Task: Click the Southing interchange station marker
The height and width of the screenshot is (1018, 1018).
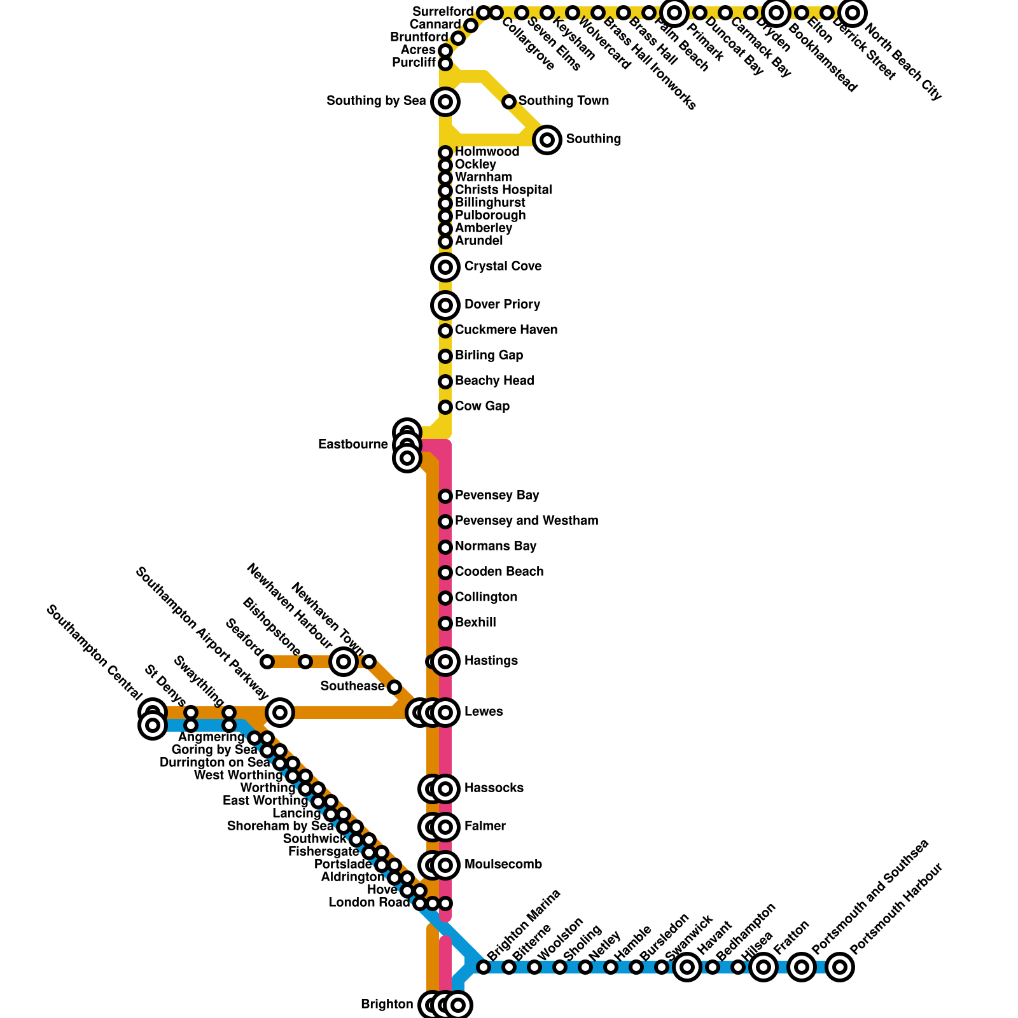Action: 547,139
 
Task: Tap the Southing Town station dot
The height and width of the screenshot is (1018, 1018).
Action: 509,102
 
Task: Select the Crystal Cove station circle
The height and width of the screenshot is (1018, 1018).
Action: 445,267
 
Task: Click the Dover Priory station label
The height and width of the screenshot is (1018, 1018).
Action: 502,305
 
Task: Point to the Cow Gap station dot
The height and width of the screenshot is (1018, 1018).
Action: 445,407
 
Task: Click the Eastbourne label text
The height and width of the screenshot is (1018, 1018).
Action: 352,445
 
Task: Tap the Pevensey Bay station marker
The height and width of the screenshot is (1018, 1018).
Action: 445,496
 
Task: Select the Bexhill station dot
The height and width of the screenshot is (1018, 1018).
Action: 445,624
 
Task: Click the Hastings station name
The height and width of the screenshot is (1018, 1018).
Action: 491,661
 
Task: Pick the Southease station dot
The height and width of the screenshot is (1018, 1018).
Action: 394,687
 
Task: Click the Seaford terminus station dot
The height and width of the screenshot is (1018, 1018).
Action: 267,662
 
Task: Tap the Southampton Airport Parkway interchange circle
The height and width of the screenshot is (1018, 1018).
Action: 280,713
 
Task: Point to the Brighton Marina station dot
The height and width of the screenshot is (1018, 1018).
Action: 484,967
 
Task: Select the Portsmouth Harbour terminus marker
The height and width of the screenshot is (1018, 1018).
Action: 840,967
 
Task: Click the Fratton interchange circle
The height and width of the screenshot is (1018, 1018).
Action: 763,967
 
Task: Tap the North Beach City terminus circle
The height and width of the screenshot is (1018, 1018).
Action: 853,13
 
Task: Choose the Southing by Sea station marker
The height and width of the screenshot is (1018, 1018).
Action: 445,102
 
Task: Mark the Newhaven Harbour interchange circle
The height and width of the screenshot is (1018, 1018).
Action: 344,662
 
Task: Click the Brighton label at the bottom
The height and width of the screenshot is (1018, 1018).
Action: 387,1005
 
